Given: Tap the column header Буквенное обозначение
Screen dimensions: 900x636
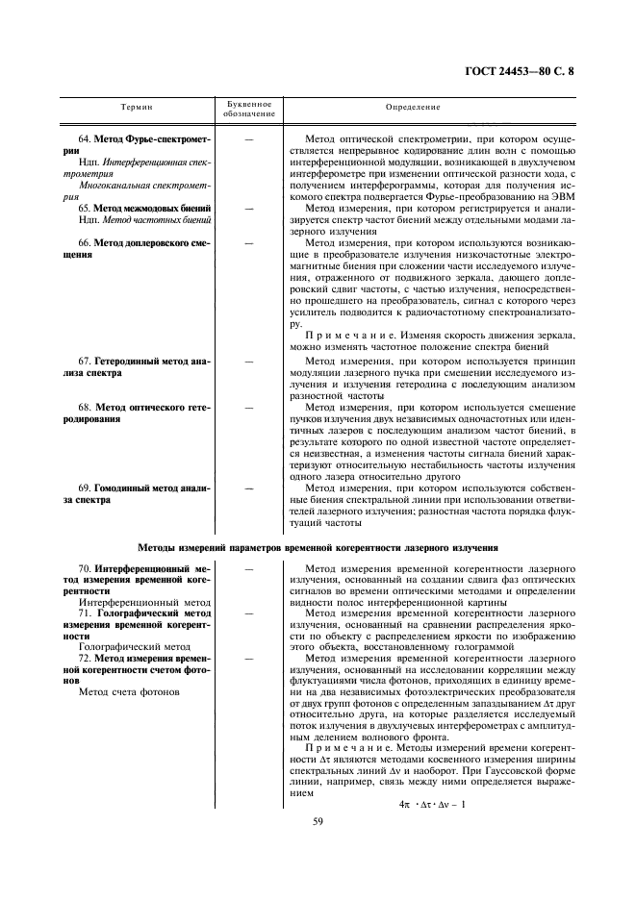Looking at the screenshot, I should pos(249,109).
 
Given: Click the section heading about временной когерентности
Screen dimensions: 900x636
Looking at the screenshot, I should pos(318,547).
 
